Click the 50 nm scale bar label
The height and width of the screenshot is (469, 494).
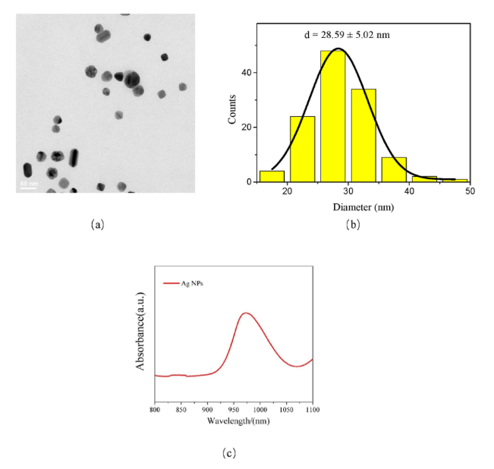[x=27, y=183]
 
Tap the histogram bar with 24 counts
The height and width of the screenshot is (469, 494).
[x=302, y=149]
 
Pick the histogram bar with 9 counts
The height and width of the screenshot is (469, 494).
[x=394, y=169]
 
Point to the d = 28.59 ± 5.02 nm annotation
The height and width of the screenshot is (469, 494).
[x=345, y=34]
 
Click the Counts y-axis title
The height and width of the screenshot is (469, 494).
[x=234, y=109]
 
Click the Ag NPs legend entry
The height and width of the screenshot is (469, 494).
[x=191, y=283]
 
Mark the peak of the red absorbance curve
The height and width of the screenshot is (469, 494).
[x=245, y=313]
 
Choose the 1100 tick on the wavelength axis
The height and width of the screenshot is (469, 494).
[x=311, y=410]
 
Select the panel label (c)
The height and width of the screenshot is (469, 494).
[x=228, y=453]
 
